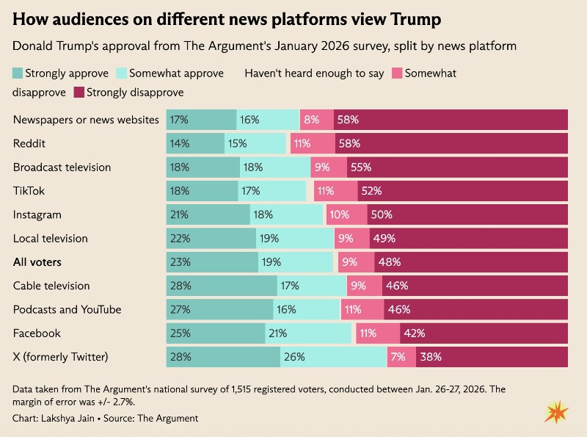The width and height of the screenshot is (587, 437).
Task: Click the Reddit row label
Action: click(29, 143)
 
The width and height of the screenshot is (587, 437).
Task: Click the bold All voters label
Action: click(37, 262)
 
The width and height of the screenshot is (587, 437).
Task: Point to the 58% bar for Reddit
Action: click(451, 143)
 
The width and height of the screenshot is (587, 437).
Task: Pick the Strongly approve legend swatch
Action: click(18, 73)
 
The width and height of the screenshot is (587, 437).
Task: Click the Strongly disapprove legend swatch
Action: click(79, 93)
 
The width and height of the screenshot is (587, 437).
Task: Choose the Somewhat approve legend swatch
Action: click(122, 73)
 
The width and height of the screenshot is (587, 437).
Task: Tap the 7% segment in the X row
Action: click(402, 357)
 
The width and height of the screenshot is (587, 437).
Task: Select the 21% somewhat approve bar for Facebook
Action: click(308, 333)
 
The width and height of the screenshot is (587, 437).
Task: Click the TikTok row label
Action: click(29, 191)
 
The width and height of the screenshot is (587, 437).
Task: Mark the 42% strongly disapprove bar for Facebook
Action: click(484, 333)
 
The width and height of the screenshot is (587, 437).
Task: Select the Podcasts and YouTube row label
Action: click(68, 309)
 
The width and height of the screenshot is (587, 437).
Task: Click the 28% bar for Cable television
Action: click(222, 286)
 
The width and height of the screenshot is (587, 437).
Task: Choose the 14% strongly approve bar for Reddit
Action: click(195, 143)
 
